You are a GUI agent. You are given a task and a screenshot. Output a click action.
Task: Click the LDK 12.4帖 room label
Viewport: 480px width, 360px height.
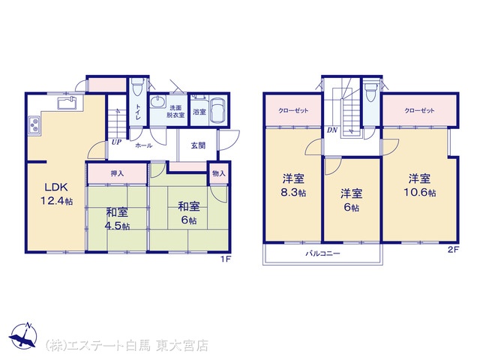(x=57, y=193)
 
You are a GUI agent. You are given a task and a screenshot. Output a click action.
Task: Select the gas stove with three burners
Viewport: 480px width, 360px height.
(x=34, y=125)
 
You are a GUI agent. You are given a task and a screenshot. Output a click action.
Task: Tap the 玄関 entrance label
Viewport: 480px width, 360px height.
(x=198, y=145)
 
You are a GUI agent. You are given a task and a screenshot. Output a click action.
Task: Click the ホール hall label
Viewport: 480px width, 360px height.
(x=144, y=145)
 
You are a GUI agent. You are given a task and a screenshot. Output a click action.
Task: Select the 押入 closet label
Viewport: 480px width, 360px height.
(x=117, y=173)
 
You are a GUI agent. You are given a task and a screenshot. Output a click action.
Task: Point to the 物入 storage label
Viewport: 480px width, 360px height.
(x=219, y=173)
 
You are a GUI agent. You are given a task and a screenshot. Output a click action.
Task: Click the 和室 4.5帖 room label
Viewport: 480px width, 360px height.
(x=117, y=218)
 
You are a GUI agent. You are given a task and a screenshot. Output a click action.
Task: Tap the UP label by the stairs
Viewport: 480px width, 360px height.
(x=116, y=142)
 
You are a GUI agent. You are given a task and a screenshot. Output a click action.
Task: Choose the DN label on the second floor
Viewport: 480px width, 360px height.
(x=332, y=130)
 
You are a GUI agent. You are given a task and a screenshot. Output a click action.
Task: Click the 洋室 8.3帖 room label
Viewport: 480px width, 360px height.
(x=293, y=185)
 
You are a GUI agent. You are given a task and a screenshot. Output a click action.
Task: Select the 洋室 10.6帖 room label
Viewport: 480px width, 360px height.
(x=419, y=185)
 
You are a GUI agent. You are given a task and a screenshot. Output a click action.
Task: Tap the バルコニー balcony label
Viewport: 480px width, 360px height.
(x=322, y=253)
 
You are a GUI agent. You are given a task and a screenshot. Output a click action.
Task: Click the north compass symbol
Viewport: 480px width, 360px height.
(x=23, y=336)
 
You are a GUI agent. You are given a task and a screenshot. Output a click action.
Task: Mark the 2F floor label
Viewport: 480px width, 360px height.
(x=453, y=250)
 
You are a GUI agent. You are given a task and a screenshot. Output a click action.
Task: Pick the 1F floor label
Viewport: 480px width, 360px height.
(x=225, y=259)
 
